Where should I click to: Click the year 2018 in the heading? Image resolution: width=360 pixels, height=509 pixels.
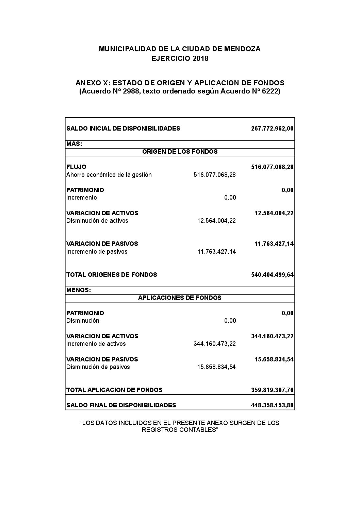(x=200, y=58)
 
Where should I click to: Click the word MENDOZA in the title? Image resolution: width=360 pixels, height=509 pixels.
(x=244, y=49)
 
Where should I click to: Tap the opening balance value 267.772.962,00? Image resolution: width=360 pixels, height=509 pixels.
(x=272, y=129)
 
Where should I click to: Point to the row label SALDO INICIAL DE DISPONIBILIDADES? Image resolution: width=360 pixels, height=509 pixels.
(x=123, y=129)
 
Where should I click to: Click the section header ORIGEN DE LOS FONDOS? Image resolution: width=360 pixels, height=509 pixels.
(x=180, y=152)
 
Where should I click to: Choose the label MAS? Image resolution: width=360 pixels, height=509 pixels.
(x=74, y=144)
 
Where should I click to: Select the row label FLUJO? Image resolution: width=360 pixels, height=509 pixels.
(x=76, y=167)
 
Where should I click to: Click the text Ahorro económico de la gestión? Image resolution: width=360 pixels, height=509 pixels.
(x=109, y=175)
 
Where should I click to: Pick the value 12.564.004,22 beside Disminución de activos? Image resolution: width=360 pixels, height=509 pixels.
(x=216, y=221)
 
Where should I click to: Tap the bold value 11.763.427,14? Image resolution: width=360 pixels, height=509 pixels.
(x=274, y=244)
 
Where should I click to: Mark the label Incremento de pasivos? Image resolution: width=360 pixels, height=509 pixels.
(x=97, y=252)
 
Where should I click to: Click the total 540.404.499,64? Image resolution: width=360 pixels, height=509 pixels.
(x=272, y=275)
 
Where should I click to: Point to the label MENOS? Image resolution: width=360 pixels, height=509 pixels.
(x=79, y=290)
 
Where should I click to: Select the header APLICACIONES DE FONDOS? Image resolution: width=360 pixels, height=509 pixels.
(x=180, y=298)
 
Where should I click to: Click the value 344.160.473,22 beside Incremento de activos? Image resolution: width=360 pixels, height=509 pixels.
(x=214, y=344)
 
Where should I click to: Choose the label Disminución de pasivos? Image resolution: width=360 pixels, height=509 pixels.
(x=98, y=367)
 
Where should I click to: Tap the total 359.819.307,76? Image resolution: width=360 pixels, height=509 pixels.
(x=272, y=390)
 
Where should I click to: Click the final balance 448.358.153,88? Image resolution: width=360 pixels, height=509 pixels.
(x=272, y=405)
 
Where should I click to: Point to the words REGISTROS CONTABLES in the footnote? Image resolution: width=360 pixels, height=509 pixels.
(x=180, y=430)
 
